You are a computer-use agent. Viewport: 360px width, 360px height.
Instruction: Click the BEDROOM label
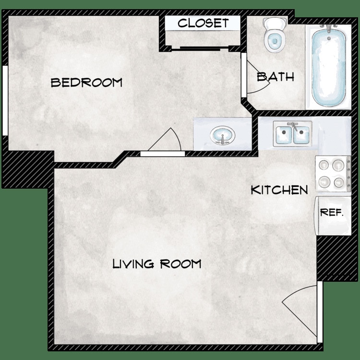(x=86, y=83)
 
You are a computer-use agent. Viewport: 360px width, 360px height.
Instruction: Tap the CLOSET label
(x=203, y=23)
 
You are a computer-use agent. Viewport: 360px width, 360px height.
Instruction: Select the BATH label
(x=275, y=77)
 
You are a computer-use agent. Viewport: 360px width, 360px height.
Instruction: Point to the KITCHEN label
(x=279, y=190)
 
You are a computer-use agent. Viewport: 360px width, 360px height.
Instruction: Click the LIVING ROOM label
(x=156, y=264)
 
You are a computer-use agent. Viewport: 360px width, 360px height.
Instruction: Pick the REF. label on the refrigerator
(x=332, y=213)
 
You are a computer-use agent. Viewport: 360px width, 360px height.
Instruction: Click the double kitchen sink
(x=292, y=134)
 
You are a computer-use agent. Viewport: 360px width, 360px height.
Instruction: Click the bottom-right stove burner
(x=339, y=182)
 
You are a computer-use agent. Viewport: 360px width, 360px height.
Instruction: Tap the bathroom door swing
(x=258, y=77)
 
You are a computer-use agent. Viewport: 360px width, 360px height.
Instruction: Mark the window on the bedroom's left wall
(x=4, y=101)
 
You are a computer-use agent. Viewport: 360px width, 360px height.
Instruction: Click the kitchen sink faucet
(x=292, y=126)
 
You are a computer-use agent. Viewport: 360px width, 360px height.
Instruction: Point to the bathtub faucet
(x=329, y=29)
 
